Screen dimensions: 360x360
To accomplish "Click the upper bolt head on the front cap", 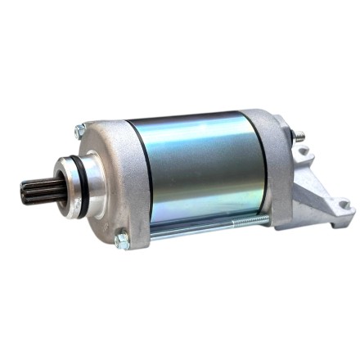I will tap(80, 129).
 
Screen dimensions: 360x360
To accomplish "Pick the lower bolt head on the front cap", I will tap(122, 240).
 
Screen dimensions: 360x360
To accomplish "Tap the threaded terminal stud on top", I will tap(299, 133).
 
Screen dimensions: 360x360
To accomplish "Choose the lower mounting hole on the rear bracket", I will tap(344, 205).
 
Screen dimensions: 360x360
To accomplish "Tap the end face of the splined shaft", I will tap(22, 194).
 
